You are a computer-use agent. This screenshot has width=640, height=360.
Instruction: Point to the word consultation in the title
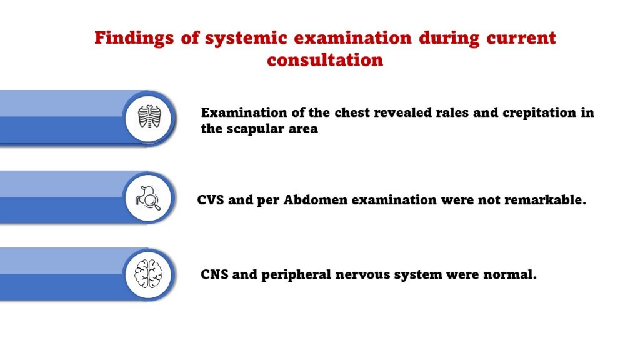325,61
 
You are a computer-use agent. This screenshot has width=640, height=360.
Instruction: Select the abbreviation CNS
215,275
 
